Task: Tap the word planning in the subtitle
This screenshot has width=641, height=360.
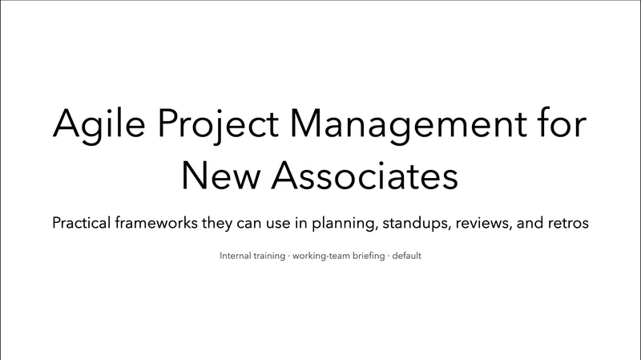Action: pos(342,224)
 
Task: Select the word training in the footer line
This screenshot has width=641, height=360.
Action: pos(269,257)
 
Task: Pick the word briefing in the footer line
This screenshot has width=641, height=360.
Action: pos(369,257)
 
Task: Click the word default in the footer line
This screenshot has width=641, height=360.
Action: pos(407,257)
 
